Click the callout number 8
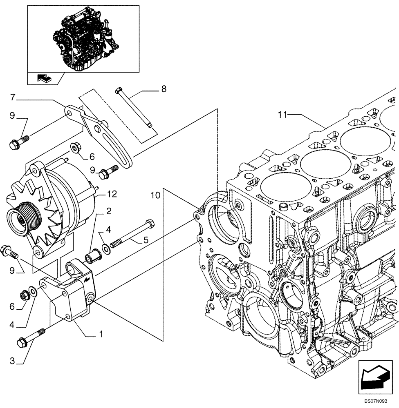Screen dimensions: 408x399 pos(164,89)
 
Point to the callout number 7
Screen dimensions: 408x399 pos(13,98)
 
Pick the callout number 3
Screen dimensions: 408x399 pos(12,360)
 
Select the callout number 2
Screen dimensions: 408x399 pos(109,211)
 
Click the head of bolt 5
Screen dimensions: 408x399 pos(150,224)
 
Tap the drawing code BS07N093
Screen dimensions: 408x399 pos(376,402)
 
